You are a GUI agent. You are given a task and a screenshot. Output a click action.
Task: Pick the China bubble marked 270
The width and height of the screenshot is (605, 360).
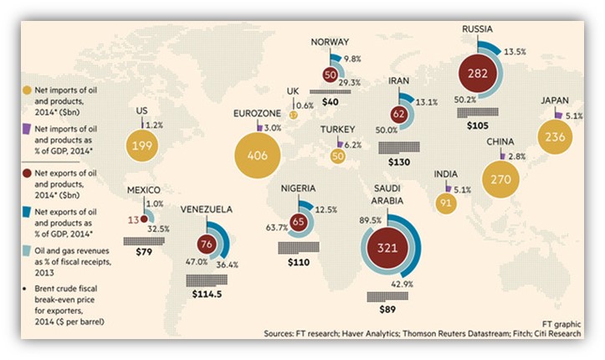click(510, 178)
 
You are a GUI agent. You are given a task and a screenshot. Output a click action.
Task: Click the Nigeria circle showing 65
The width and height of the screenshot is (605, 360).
click(298, 224)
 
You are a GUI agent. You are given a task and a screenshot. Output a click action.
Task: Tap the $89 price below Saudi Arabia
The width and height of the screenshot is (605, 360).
click(387, 310)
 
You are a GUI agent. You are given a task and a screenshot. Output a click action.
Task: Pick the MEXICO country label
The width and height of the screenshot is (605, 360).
click(141, 190)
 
